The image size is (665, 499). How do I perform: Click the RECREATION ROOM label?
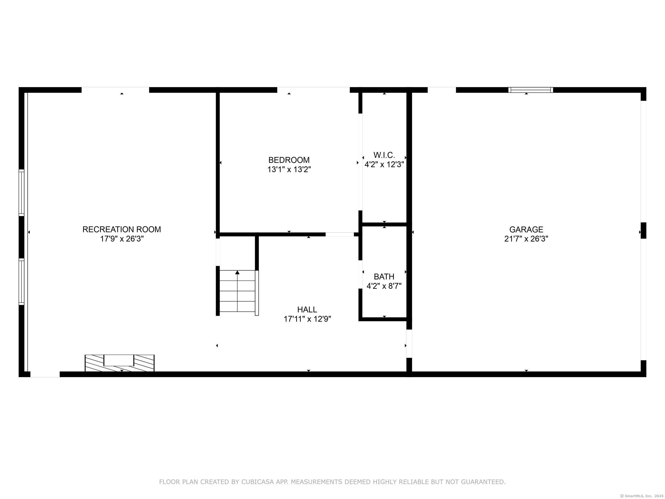click(x=122, y=229)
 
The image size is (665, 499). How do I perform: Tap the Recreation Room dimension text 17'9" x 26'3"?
click(x=122, y=239)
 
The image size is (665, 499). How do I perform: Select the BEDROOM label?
click(x=289, y=160)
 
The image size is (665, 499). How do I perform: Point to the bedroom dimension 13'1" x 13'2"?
click(x=289, y=170)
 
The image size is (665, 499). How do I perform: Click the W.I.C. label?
click(x=384, y=155)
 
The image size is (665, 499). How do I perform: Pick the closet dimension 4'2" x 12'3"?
click(x=384, y=164)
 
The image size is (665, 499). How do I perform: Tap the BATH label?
click(x=384, y=277)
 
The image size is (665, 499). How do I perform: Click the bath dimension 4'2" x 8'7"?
click(x=384, y=286)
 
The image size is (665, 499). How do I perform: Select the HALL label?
click(x=307, y=310)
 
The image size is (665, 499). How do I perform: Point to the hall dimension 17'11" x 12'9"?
click(x=307, y=319)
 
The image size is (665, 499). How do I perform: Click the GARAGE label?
click(x=526, y=229)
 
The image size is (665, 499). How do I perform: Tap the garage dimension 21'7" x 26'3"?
click(x=526, y=239)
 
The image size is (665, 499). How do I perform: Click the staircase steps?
click(x=238, y=291)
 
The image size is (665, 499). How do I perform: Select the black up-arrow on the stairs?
click(x=237, y=272)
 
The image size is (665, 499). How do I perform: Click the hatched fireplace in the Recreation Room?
click(x=120, y=363)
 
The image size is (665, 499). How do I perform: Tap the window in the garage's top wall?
click(x=531, y=90)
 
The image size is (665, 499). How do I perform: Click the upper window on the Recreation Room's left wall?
click(x=21, y=192)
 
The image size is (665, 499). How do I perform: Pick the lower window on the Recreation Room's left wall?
click(x=21, y=282)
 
